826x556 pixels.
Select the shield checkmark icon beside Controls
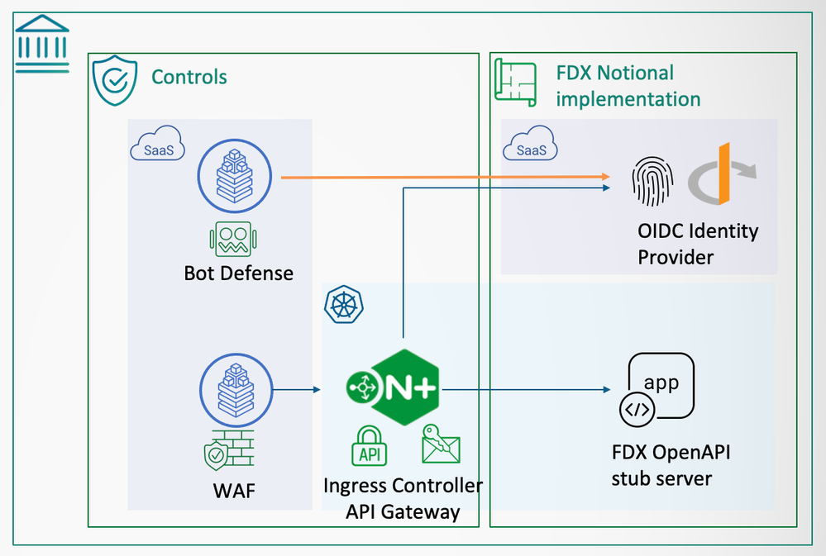pos(113,80)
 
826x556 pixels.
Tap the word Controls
pos(189,78)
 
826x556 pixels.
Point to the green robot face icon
pos(235,239)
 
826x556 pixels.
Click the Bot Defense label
pos(238,273)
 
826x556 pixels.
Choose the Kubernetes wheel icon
pos(339,305)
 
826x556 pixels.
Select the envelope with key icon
pos(440,444)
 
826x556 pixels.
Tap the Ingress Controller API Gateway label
pos(403,498)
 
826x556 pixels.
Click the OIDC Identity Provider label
pos(698,243)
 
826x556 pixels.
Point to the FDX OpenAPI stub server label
pos(671,465)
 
